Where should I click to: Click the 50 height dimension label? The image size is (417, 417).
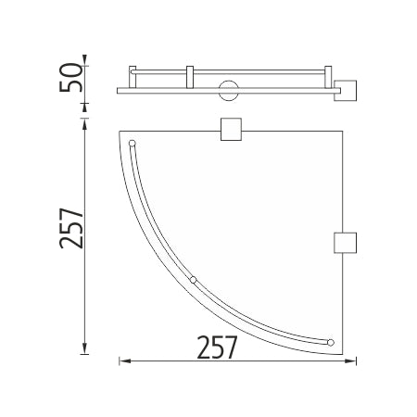[71, 78]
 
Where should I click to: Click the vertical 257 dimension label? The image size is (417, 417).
[71, 228]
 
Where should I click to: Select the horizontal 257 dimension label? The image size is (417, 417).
[217, 347]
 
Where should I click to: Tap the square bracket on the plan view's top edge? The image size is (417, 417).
[231, 129]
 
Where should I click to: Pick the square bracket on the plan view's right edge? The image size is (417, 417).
[346, 243]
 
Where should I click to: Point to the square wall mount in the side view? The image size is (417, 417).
[346, 91]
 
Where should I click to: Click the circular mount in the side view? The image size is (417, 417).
[229, 91]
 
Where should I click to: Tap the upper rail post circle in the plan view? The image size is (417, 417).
[132, 144]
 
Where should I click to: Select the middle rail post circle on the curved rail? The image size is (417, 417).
[193, 280]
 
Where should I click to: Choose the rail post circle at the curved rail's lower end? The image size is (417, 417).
[331, 343]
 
